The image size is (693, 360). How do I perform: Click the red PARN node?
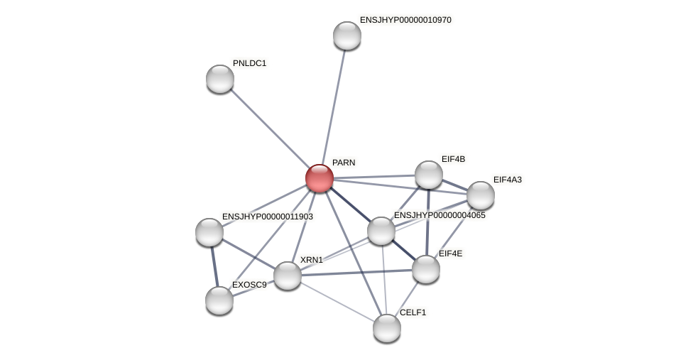point(320,178)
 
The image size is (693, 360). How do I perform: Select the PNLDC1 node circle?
point(220,79)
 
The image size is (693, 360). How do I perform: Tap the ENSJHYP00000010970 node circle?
point(347,36)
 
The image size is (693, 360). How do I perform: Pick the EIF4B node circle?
point(429,175)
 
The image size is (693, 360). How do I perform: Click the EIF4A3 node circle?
point(481,195)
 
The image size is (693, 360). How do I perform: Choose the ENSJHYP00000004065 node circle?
point(381,231)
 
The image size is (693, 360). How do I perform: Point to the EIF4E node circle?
point(426,269)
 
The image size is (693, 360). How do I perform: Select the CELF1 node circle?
point(387,328)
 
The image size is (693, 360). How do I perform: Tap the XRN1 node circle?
point(288,276)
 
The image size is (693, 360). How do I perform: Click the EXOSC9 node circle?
point(219,300)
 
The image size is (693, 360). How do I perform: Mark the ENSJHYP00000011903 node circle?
point(209,232)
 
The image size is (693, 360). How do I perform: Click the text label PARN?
point(344,163)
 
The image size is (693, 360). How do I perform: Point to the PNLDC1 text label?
point(249,63)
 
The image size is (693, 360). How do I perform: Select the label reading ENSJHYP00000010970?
point(405,20)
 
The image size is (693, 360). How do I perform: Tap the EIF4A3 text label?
point(507,180)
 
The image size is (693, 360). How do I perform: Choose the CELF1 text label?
point(413,312)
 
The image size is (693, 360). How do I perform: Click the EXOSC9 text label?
point(249,285)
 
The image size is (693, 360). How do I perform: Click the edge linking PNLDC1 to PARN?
point(270,129)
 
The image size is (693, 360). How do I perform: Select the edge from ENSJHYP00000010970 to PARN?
point(334,107)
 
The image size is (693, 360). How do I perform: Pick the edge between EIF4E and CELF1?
point(407,298)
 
